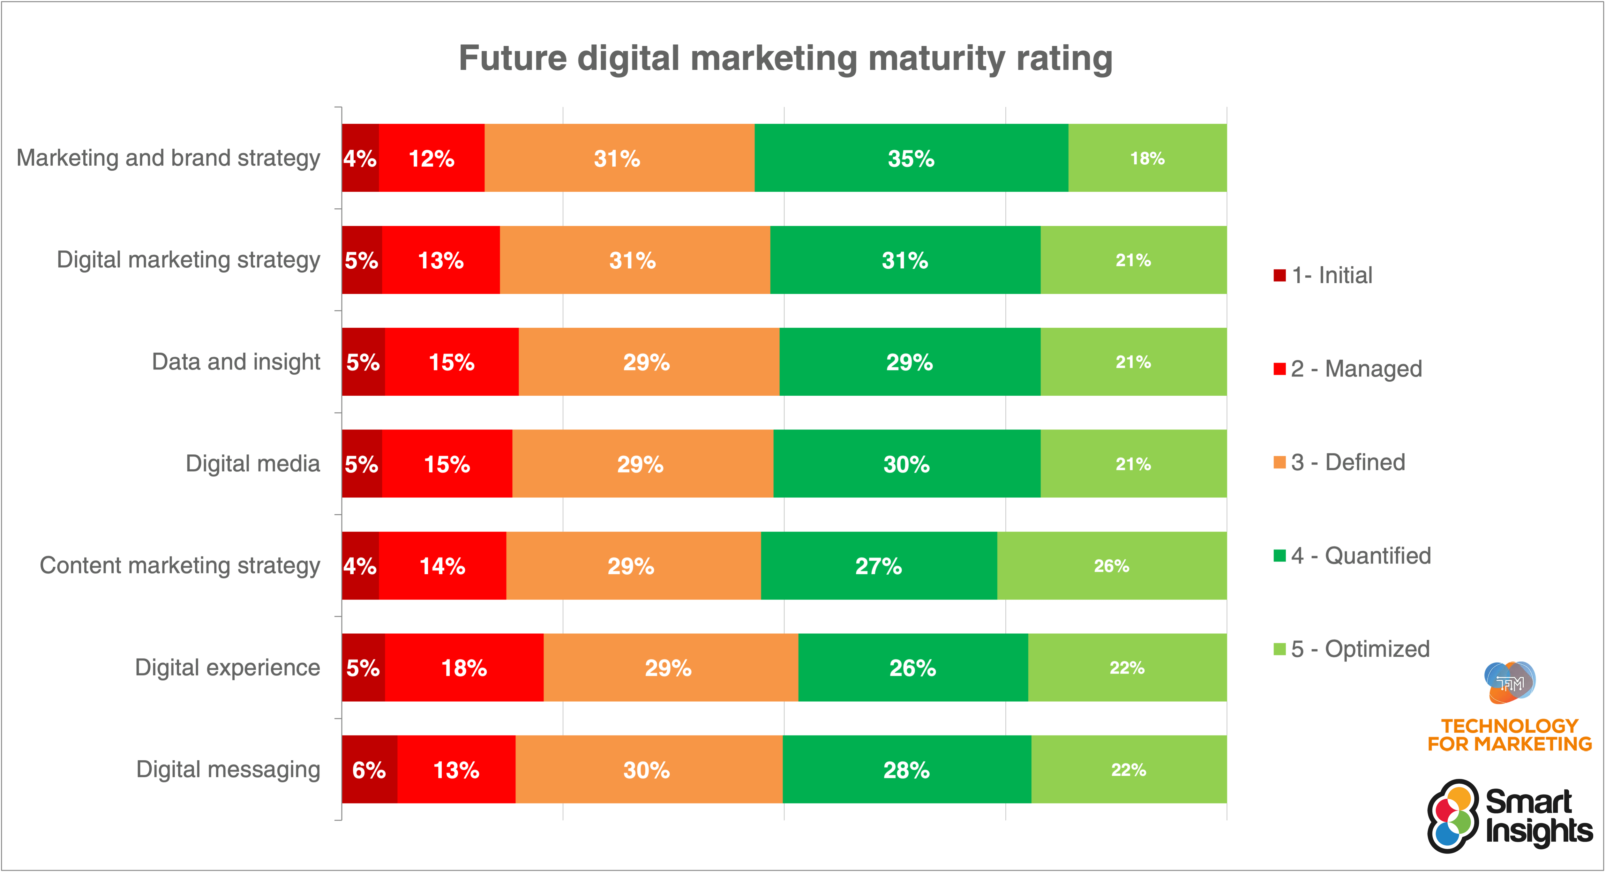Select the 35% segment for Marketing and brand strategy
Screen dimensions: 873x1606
coord(911,158)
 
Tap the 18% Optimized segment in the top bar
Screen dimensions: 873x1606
coord(1147,158)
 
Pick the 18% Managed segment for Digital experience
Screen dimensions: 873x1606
coord(464,668)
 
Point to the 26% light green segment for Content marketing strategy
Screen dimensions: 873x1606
coord(1112,566)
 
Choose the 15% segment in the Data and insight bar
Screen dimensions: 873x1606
coord(451,362)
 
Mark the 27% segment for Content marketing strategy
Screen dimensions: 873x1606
coord(878,566)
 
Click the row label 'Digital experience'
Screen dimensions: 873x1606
coord(228,668)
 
